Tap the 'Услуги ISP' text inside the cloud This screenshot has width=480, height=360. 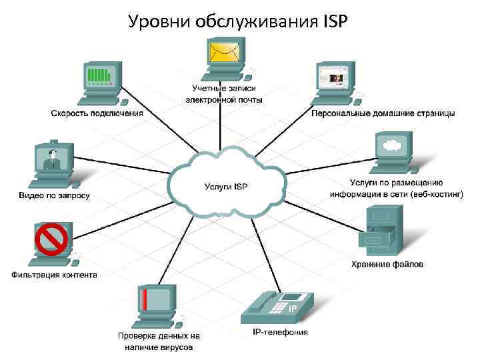point(225,186)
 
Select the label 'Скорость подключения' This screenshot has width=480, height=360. point(97,113)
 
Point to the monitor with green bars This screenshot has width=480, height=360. point(102,77)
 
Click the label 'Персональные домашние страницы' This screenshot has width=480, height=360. point(383,113)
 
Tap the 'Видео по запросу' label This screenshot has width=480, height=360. point(53,196)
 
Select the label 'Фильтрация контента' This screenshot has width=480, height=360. point(54,275)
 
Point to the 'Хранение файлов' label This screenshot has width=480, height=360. point(387,265)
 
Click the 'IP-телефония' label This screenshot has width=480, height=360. point(280,332)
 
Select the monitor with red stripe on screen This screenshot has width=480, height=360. point(155,301)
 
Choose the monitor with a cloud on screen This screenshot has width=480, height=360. point(393,147)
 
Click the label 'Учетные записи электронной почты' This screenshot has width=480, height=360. point(224,94)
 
